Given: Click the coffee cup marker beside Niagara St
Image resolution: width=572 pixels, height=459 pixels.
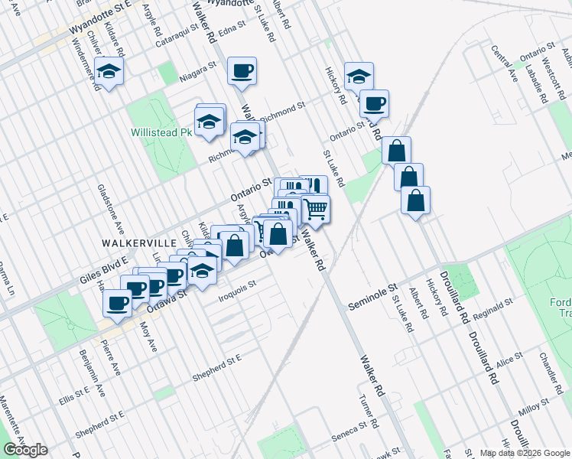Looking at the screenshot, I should [242, 71].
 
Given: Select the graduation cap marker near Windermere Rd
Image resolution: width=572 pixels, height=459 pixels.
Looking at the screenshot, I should [109, 71].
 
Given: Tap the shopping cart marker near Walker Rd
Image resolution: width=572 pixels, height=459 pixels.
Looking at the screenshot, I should [316, 208].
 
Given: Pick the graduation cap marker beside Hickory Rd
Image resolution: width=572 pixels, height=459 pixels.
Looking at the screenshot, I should [359, 76].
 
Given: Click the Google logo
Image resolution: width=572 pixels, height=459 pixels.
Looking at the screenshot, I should [25, 450].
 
